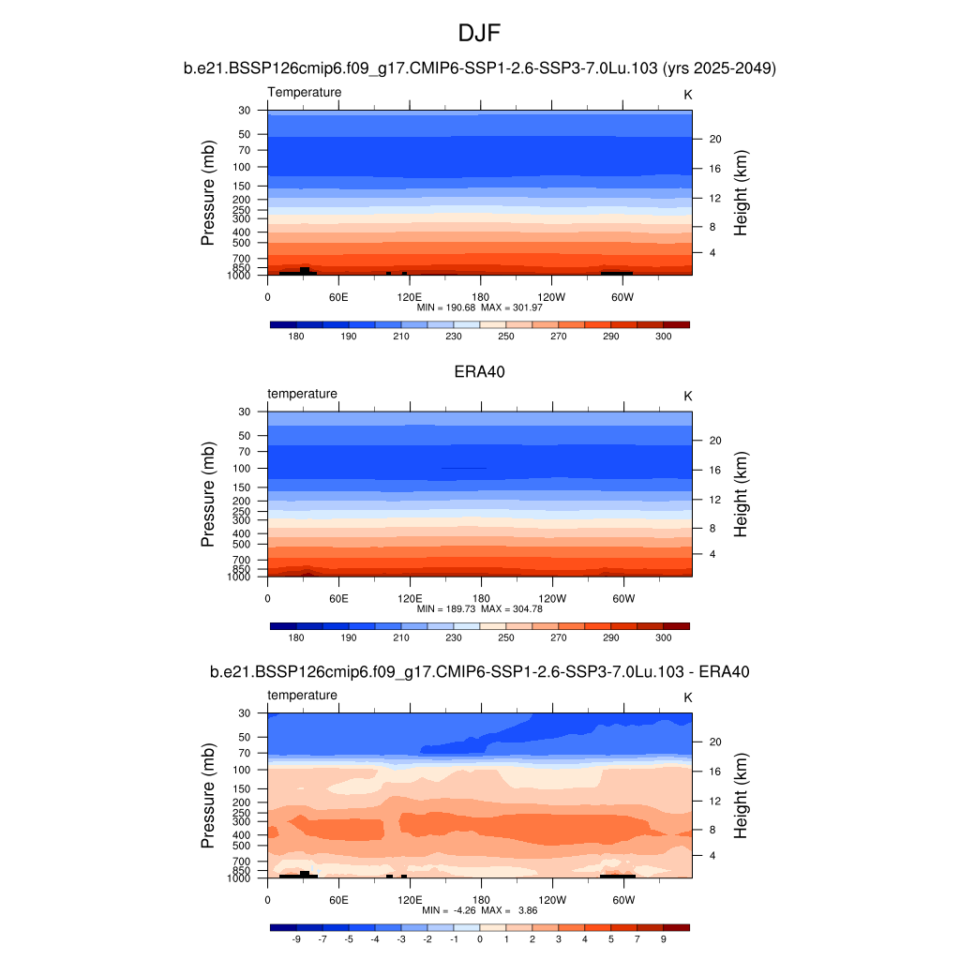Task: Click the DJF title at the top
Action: (480, 34)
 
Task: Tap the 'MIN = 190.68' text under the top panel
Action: (449, 307)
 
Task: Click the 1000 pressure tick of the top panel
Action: (239, 276)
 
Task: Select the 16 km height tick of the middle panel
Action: (714, 469)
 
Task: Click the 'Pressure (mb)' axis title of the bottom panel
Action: (208, 796)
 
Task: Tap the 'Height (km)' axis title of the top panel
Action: (741, 193)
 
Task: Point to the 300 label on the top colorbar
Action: (663, 337)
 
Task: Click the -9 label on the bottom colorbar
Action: (296, 938)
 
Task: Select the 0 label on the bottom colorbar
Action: (480, 938)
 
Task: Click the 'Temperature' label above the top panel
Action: (305, 92)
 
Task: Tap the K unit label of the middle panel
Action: (687, 396)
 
